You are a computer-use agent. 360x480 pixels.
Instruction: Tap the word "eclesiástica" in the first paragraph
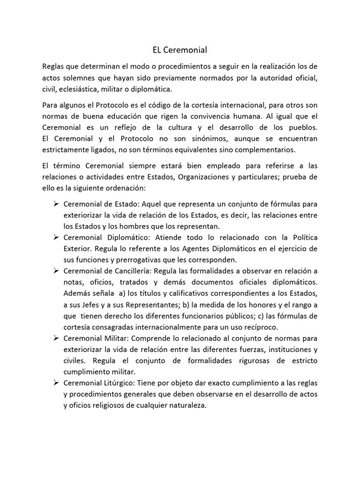click(82, 89)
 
